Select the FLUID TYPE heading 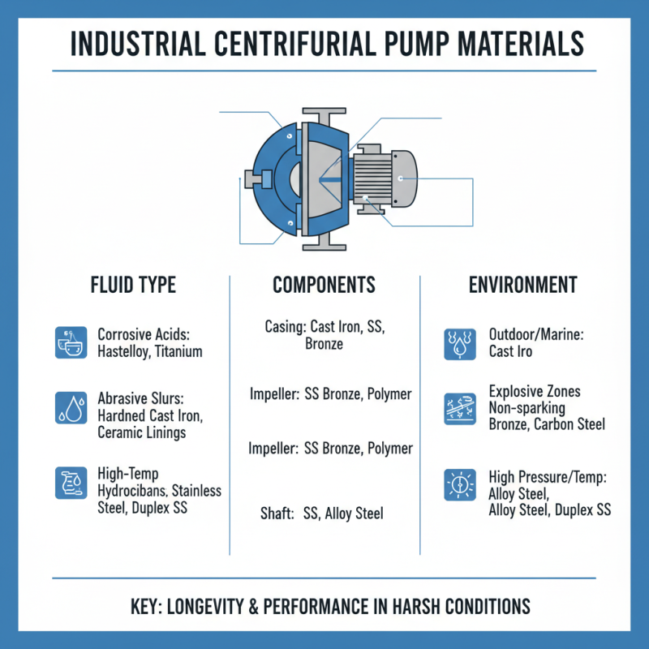point(134,285)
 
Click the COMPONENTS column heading point(324,285)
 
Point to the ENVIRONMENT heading point(522,285)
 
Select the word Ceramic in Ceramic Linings point(122,432)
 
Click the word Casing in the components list point(284,327)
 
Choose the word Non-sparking point(527,408)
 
